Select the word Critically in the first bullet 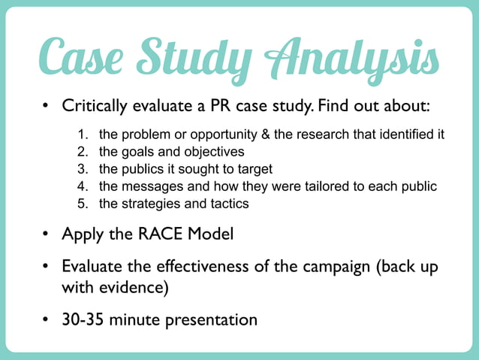click(x=96, y=105)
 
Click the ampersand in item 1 click(x=267, y=135)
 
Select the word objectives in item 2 click(x=206, y=153)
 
